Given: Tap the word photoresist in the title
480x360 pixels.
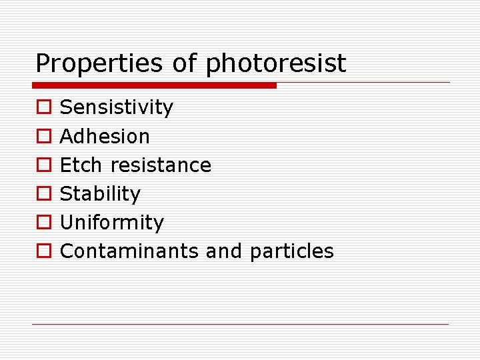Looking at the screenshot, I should click(x=276, y=64).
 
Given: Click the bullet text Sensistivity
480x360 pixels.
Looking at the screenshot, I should click(x=117, y=107).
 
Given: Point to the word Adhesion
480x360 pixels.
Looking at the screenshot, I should click(x=105, y=136).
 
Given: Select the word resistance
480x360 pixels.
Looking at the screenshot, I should click(x=161, y=165).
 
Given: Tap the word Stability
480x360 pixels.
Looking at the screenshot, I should click(x=100, y=194).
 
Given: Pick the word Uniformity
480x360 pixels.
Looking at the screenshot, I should click(x=111, y=223).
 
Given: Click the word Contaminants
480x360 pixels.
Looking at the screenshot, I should click(x=129, y=251).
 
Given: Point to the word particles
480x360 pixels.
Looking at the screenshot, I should click(x=291, y=251).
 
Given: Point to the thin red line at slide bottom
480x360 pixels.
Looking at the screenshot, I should click(x=240, y=324).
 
